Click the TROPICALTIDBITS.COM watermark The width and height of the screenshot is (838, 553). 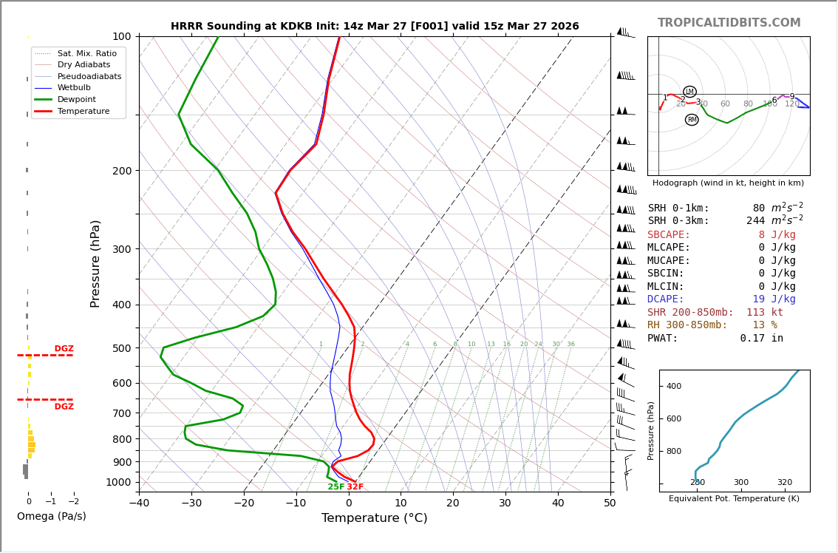729,23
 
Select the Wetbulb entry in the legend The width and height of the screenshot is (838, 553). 74,88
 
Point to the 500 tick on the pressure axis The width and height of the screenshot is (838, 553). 121,348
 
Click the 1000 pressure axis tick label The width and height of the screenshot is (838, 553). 118,482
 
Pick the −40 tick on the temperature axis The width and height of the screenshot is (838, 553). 139,503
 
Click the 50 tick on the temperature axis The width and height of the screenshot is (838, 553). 610,503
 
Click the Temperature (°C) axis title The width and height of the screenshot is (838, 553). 374,518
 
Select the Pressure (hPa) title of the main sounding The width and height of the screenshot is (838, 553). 96,263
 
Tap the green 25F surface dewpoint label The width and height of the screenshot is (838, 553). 336,487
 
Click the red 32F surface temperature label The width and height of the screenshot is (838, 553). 355,487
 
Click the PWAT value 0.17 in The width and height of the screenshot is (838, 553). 761,338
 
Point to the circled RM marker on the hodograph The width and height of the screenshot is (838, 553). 692,120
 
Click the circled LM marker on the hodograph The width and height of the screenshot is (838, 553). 689,92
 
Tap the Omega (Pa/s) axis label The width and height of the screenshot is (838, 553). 52,516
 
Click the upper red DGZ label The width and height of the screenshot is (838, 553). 64,349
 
